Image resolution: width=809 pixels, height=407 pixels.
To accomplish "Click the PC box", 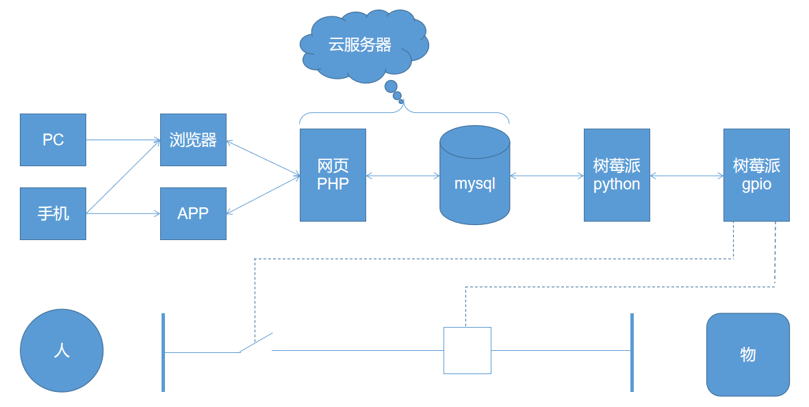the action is (53, 140).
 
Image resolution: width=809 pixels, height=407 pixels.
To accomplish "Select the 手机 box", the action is (53, 213).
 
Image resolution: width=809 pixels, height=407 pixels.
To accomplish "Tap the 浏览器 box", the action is (193, 140).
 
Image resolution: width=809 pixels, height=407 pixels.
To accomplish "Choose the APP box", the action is (193, 213).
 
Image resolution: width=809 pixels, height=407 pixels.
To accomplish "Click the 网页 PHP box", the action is (333, 175).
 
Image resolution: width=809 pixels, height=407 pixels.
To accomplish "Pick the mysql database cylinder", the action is (475, 175).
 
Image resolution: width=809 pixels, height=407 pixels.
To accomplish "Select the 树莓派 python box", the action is (617, 175).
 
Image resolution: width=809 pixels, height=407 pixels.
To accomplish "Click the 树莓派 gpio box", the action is (756, 175).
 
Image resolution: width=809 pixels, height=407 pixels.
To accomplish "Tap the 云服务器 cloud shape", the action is (363, 45).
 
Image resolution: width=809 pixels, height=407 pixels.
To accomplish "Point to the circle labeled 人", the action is (62, 350).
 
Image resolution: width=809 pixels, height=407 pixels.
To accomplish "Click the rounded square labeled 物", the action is (748, 354).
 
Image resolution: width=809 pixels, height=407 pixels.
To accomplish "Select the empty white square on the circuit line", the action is (467, 350).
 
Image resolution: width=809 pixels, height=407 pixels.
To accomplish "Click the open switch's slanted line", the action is (256, 343).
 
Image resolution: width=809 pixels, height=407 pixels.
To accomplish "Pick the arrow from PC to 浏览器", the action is (123, 140).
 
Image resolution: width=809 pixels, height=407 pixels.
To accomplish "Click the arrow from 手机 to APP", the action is (123, 213).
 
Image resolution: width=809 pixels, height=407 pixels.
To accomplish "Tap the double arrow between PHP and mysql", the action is (403, 176).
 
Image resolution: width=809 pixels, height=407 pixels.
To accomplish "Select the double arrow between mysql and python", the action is (547, 176).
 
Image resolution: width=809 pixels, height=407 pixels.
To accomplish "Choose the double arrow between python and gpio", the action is (686, 176).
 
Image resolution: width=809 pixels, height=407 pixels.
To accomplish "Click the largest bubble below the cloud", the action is (391, 86).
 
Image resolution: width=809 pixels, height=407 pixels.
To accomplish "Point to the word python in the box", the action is (617, 185).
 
